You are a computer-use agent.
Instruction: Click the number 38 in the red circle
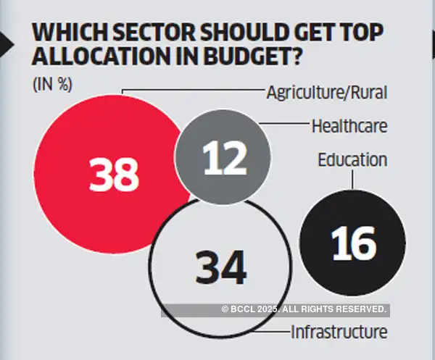click(114, 175)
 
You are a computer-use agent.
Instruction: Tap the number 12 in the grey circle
click(223, 159)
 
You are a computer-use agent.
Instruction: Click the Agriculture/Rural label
click(326, 92)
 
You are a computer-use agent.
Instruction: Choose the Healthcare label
click(349, 125)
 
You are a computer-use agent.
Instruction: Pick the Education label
click(352, 159)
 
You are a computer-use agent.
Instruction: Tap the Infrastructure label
click(339, 332)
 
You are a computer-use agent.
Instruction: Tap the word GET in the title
click(299, 33)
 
